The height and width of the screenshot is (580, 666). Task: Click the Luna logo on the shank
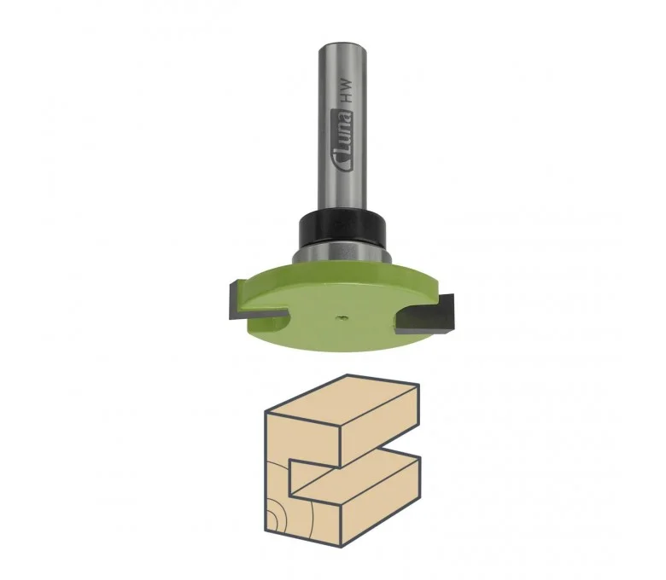point(343,143)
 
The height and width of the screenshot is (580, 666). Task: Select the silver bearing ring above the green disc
point(342,254)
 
